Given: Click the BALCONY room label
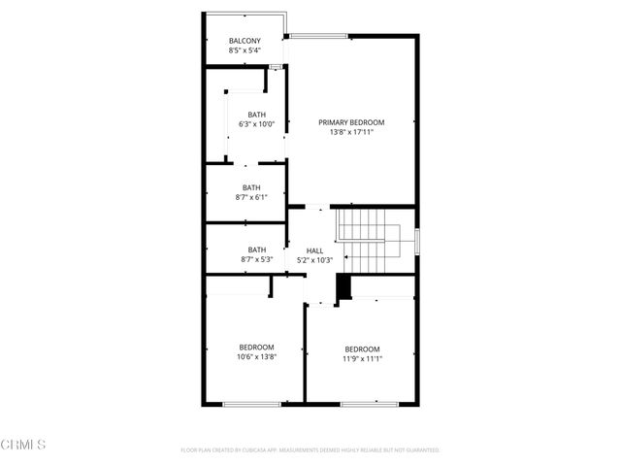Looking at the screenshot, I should click(x=245, y=41).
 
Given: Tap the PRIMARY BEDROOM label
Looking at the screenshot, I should click(x=352, y=122).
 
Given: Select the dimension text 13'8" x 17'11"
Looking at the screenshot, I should click(x=352, y=132).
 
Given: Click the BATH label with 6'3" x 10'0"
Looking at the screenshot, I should click(x=256, y=114).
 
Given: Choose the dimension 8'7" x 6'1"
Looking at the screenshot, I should click(x=251, y=197).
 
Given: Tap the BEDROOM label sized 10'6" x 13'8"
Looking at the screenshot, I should click(x=256, y=347).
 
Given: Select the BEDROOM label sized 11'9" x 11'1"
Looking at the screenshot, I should click(x=362, y=349).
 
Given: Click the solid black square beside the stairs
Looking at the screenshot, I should click(x=342, y=288).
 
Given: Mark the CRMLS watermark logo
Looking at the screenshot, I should click(x=24, y=445).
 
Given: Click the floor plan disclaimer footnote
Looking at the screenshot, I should click(x=310, y=450).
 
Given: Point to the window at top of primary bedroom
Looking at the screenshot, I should click(x=319, y=37).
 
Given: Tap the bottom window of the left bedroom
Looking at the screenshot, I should click(x=251, y=403).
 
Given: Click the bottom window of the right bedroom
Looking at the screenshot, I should click(x=369, y=403).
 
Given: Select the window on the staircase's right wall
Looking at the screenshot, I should click(x=417, y=239).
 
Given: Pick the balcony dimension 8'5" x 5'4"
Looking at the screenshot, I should click(x=245, y=50).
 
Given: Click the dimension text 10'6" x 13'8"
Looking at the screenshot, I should click(x=256, y=356).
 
